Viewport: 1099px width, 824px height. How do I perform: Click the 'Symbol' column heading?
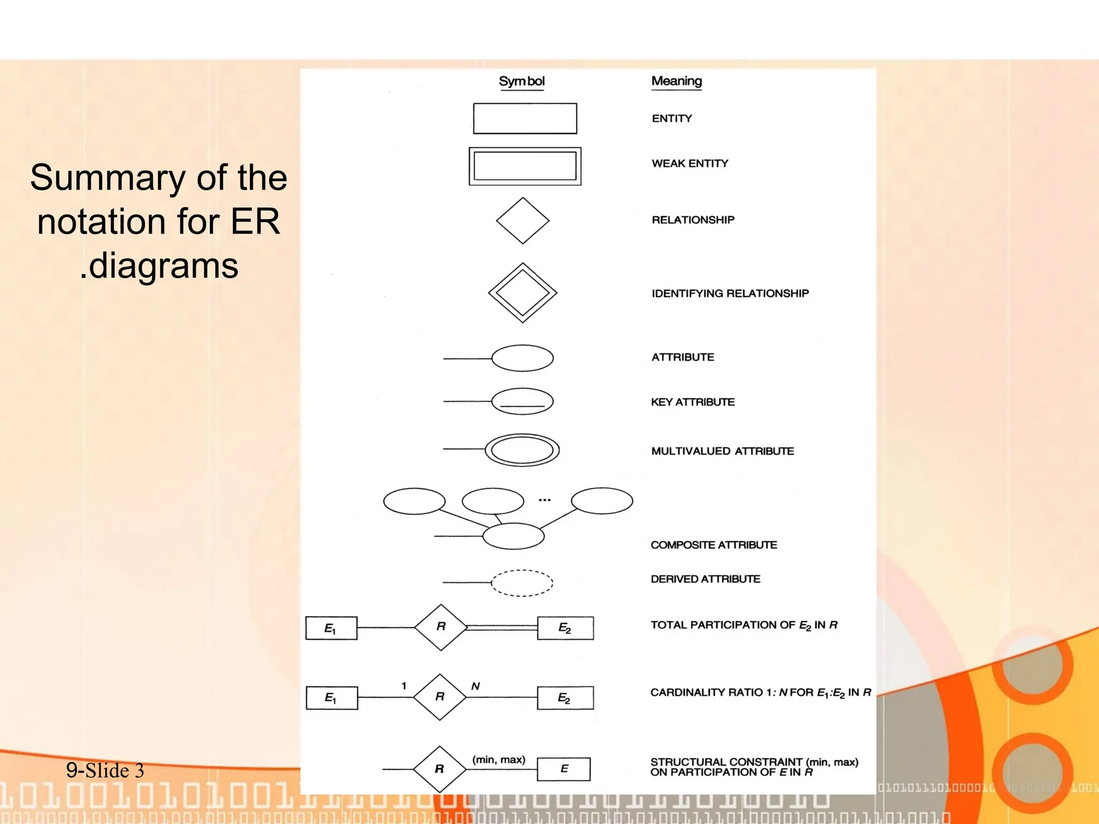point(522,82)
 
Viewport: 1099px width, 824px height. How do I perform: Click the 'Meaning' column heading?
point(676,82)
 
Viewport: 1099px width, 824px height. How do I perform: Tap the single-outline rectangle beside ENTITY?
point(525,119)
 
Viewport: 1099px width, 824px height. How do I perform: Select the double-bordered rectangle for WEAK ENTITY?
point(525,166)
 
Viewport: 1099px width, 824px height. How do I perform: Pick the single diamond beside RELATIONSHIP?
point(523,220)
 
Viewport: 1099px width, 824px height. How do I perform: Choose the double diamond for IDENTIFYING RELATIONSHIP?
point(523,293)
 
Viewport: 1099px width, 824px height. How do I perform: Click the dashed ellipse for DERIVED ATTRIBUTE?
point(522,583)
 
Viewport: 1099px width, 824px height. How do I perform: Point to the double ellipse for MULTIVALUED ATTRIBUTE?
point(522,450)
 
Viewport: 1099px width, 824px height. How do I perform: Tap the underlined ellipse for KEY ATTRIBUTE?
point(522,401)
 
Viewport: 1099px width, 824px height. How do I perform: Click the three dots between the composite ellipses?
point(545,500)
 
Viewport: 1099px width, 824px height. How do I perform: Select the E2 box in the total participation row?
point(565,628)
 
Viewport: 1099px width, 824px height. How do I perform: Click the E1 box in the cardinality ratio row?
point(332,698)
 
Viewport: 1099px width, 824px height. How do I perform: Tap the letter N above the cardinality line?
point(475,686)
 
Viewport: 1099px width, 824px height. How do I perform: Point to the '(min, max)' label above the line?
point(499,760)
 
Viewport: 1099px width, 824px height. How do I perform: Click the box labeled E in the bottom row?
point(563,769)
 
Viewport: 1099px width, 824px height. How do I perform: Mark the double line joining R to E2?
point(502,627)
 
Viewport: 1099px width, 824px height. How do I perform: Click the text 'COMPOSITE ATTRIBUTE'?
point(714,545)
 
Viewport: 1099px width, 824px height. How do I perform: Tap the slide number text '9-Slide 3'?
point(105,770)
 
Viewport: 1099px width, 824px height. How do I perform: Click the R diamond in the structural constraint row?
point(439,769)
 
